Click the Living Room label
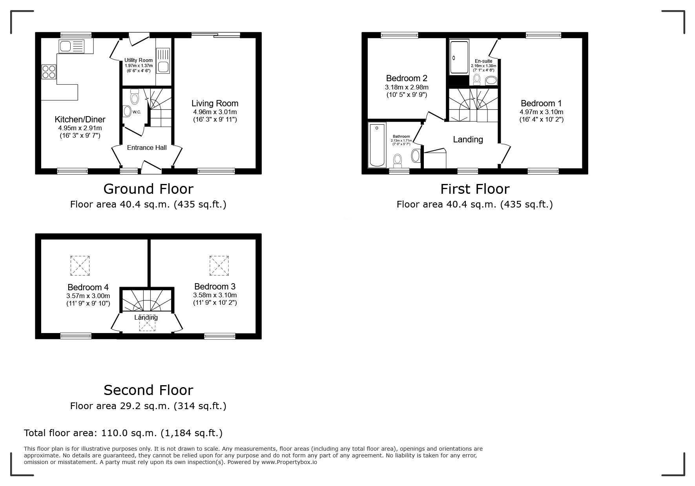click(215, 104)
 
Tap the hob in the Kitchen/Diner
click(49, 72)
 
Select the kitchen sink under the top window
click(71, 47)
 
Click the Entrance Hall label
click(147, 148)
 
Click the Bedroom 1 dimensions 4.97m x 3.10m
click(541, 112)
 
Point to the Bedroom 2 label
click(407, 78)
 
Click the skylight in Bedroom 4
click(80, 266)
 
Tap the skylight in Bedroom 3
click(219, 266)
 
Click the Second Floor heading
click(148, 390)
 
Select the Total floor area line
click(123, 433)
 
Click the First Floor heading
click(474, 189)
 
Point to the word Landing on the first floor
click(468, 140)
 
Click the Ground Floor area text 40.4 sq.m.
click(148, 204)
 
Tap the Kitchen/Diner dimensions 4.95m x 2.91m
click(80, 128)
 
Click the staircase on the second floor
click(147, 300)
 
